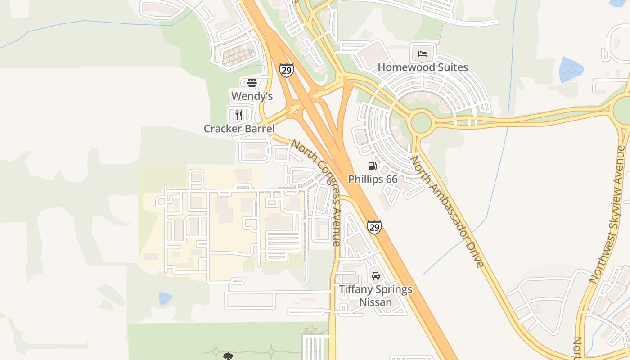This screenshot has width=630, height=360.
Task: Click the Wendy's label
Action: click(x=252, y=96)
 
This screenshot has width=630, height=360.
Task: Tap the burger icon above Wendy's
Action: click(x=252, y=82)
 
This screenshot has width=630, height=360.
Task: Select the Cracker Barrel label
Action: click(x=239, y=129)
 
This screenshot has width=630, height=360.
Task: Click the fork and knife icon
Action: click(x=239, y=115)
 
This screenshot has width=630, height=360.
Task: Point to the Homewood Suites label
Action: click(x=423, y=67)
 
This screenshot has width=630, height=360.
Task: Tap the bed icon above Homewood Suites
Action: click(x=423, y=54)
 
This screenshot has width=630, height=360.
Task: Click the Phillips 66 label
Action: click(x=373, y=179)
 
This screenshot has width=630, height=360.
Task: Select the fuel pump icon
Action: click(x=372, y=166)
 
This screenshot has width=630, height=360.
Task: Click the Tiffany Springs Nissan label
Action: click(x=375, y=295)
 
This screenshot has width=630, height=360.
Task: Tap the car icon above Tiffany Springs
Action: click(x=375, y=275)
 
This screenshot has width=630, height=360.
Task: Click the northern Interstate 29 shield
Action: click(x=287, y=69)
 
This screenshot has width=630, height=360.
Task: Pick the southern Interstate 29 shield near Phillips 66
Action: click(x=374, y=227)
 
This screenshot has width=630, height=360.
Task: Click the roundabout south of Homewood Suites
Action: click(x=421, y=122)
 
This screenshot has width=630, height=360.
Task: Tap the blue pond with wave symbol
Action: click(x=571, y=70)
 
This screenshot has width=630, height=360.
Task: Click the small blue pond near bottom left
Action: click(x=165, y=298)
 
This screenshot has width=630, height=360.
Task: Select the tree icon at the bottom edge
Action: click(x=228, y=356)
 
